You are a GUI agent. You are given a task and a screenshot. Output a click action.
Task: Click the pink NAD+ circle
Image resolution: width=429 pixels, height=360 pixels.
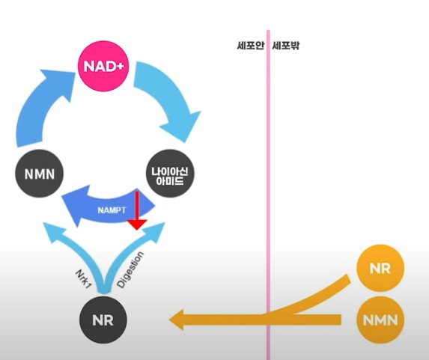(103, 66)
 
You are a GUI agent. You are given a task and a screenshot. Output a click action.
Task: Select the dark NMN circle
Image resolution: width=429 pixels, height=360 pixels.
(40, 174)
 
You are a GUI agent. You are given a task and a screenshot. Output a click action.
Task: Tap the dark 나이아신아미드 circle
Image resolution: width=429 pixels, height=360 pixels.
(170, 174)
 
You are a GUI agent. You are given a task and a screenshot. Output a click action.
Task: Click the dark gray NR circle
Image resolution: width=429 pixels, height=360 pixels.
(103, 320)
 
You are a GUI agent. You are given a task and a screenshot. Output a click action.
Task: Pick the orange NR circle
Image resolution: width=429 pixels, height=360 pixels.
(380, 268)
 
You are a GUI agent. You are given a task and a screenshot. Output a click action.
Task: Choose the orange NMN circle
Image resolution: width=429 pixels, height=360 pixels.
(380, 320)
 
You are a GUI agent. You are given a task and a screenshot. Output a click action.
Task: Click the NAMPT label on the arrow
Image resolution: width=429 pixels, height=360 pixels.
(112, 210)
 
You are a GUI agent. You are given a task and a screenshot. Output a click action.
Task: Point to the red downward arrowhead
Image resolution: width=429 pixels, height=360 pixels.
(137, 225)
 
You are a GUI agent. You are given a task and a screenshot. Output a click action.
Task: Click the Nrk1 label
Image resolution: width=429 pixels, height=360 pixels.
(82, 280)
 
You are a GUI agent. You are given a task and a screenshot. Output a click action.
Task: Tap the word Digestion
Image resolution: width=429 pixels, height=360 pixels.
(130, 269)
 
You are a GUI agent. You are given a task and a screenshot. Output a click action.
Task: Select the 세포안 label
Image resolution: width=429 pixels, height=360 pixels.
(250, 46)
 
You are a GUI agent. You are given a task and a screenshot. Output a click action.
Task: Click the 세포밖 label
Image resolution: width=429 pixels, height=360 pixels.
(286, 46)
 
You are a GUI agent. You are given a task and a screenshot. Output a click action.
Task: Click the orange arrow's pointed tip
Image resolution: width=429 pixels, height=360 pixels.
(169, 320)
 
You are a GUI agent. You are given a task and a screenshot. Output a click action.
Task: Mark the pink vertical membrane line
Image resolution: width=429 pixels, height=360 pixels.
(268, 195)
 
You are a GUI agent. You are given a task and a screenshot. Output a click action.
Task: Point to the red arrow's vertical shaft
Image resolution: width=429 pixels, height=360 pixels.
(137, 206)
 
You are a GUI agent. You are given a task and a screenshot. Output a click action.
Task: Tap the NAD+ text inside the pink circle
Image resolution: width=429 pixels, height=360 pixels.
(103, 67)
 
